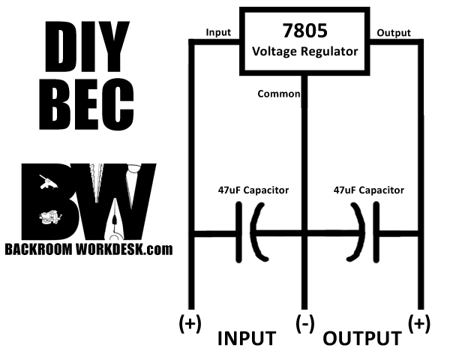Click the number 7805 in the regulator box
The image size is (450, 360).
coord(304,31)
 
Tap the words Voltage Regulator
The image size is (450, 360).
coord(304,52)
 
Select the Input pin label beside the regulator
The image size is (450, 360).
coord(218,33)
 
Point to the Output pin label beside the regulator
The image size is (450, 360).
coord(393,33)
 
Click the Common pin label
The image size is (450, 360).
coord(278,94)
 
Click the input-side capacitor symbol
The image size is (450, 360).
coord(252,234)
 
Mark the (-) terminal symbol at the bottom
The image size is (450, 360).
coord(304,323)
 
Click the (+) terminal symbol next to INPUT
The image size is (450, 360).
coord(190,323)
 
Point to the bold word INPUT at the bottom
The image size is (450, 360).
coord(247,338)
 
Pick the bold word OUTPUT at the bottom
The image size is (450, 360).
coord(362,338)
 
